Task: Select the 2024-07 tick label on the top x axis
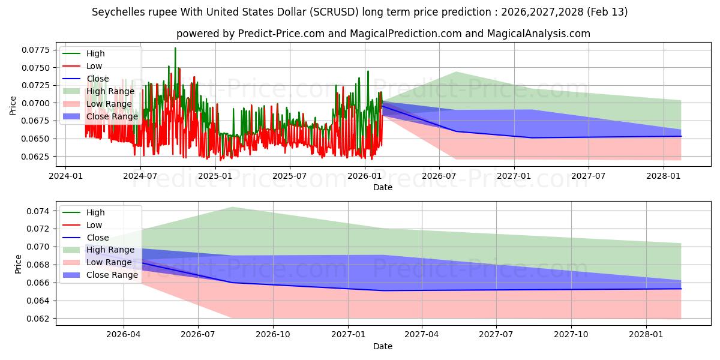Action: [140, 176]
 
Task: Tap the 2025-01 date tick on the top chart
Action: [215, 176]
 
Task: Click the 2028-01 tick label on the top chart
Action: [663, 176]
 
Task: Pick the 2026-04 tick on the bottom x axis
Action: [124, 335]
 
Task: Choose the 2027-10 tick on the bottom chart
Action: [571, 335]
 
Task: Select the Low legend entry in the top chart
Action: [94, 66]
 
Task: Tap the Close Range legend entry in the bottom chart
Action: [112, 275]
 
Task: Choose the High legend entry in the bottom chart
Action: [95, 212]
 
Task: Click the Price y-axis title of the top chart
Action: [13, 106]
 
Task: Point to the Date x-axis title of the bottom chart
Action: [383, 346]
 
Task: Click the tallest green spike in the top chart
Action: [175, 48]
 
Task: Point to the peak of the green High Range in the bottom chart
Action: [232, 207]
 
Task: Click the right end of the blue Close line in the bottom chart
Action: [681, 289]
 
